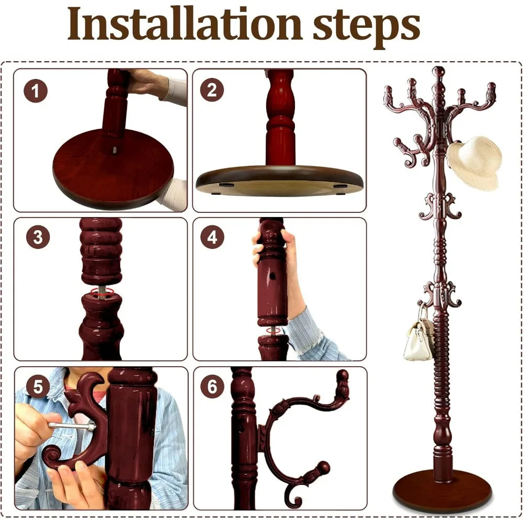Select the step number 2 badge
[x=212, y=90]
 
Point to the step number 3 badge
[x=38, y=237]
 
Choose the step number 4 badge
[x=212, y=237]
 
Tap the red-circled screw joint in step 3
[x=100, y=292]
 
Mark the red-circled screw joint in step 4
[x=273, y=331]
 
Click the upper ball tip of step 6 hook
[x=342, y=376]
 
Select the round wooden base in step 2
[x=279, y=180]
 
